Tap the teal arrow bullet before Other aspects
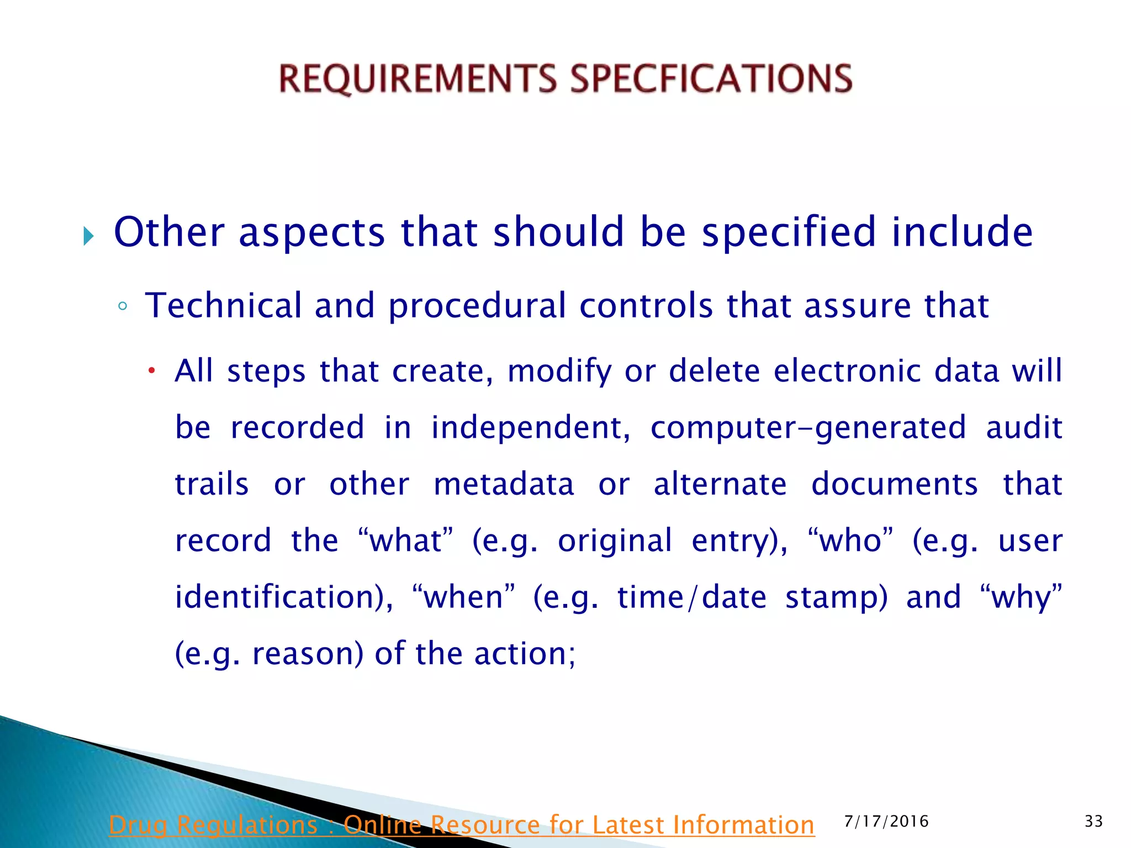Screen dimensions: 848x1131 (x=88, y=236)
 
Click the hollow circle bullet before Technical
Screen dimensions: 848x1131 (x=123, y=307)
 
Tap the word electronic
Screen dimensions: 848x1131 (x=847, y=370)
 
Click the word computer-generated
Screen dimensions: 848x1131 (x=808, y=428)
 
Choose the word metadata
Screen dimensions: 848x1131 (x=504, y=484)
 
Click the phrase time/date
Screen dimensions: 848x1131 (x=692, y=597)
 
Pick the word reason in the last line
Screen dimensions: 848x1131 (x=307, y=654)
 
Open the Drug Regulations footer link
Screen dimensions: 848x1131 (x=461, y=825)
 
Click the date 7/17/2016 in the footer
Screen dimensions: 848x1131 (x=886, y=821)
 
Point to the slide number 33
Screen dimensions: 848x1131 (x=1093, y=821)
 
